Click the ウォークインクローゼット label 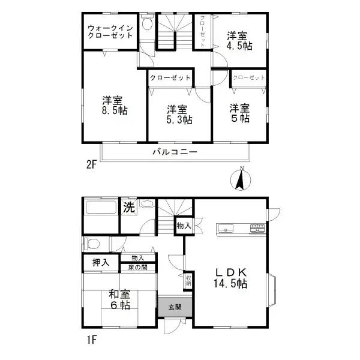point(109,32)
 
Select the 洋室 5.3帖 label point(179,113)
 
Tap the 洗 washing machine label point(129,208)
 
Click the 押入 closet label point(101,262)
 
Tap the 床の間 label point(139,267)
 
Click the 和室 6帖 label point(119,299)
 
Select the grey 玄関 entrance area point(175,307)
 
